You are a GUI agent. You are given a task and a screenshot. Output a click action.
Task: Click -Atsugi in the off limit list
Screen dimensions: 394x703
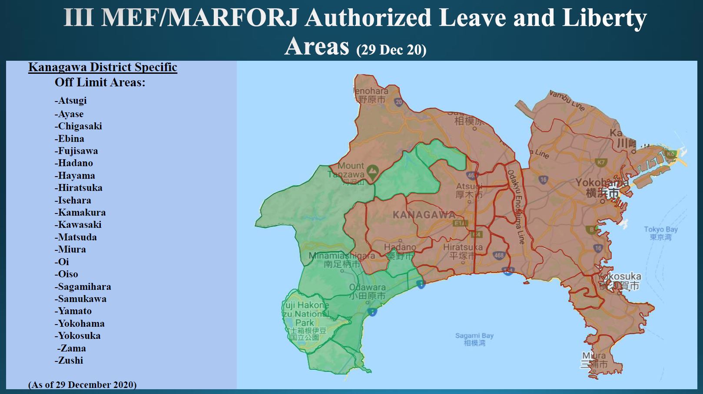pyautogui.click(x=71, y=101)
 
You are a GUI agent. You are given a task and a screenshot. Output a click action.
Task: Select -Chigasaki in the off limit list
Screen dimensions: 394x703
pyautogui.click(x=78, y=126)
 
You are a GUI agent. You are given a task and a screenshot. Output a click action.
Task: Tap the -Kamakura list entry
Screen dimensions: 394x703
pyautogui.click(x=80, y=213)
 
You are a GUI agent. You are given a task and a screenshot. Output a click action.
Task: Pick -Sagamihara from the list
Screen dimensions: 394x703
pyautogui.click(x=83, y=287)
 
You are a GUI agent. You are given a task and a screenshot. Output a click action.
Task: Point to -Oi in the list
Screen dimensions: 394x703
pyautogui.click(x=62, y=262)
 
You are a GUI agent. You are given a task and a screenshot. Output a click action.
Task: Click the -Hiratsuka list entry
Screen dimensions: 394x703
pyautogui.click(x=79, y=188)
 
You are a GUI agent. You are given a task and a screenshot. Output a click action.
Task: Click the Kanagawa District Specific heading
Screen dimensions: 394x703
pyautogui.click(x=103, y=67)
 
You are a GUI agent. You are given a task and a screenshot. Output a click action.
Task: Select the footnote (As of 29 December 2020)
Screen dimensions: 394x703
pyautogui.click(x=83, y=385)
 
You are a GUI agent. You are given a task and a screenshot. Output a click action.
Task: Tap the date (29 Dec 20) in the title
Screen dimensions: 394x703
pyautogui.click(x=391, y=50)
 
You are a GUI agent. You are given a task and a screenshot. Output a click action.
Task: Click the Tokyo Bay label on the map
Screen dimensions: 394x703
pyautogui.click(x=660, y=233)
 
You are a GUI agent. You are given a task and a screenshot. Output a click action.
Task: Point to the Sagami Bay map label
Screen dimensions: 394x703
pyautogui.click(x=474, y=339)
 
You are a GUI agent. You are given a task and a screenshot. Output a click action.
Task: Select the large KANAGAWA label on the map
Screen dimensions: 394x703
pyautogui.click(x=424, y=215)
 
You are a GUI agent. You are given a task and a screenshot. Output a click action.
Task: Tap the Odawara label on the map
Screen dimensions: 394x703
pyautogui.click(x=368, y=291)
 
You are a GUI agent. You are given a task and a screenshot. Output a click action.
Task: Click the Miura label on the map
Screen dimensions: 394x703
pyautogui.click(x=594, y=360)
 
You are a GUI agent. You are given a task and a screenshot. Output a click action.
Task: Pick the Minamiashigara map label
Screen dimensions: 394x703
pyautogui.click(x=342, y=259)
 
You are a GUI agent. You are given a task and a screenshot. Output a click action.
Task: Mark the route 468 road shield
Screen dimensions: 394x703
pyautogui.click(x=499, y=255)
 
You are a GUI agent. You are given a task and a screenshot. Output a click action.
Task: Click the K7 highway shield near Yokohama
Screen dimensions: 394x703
pyautogui.click(x=601, y=162)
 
